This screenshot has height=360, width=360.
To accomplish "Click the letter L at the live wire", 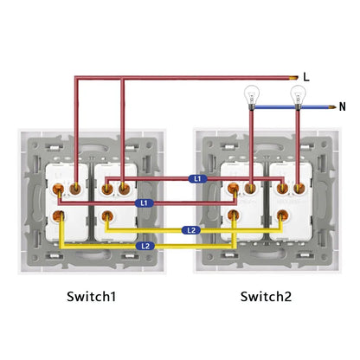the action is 306,77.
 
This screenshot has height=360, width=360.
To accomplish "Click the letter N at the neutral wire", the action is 342,107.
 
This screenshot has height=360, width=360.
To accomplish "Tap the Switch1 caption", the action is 91,297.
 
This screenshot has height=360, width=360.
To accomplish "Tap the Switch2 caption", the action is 266,297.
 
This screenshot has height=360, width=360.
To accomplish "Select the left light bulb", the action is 252,97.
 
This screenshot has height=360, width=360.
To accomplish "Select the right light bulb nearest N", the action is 298,97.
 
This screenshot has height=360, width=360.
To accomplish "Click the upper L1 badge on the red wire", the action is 197,179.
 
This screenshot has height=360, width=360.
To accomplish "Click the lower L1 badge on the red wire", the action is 145,203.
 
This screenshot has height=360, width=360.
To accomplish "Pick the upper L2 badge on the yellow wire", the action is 191,230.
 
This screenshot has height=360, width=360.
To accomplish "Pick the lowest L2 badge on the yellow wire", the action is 145,246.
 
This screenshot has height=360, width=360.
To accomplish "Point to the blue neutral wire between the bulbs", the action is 274,107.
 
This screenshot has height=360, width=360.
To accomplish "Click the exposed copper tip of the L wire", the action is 294,77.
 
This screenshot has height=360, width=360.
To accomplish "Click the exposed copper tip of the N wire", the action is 332,107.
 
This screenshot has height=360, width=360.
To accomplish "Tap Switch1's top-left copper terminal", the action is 58,190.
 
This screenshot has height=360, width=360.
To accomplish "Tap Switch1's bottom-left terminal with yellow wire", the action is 58,216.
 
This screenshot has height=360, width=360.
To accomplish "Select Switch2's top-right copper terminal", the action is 299,189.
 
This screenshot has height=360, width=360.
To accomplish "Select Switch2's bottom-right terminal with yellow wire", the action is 282,215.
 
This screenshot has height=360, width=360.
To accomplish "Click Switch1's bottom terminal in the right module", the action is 107,216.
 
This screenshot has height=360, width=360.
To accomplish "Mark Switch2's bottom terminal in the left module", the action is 234,215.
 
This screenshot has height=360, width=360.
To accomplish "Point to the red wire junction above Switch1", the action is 123,78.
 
